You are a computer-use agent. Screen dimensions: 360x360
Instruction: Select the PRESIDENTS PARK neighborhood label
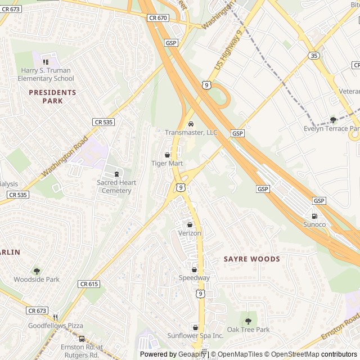(x=52, y=96)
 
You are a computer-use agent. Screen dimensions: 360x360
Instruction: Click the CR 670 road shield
(x=159, y=18)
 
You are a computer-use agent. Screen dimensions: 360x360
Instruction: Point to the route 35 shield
(x=314, y=55)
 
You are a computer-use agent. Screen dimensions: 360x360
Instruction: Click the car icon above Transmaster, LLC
(x=191, y=124)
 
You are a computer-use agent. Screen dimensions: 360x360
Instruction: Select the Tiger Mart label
(x=167, y=163)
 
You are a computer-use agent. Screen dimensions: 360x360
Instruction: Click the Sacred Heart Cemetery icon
(x=117, y=174)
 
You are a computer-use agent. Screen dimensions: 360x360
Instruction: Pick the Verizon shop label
(x=190, y=233)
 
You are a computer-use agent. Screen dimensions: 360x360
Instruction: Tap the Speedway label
(x=194, y=278)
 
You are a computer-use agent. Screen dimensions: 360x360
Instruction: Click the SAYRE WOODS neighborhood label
(x=251, y=259)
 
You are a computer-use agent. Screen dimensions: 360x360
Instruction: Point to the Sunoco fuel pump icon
(x=314, y=216)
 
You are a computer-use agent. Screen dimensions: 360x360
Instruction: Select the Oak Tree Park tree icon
(x=248, y=321)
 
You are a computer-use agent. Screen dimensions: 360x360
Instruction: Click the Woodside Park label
(x=37, y=279)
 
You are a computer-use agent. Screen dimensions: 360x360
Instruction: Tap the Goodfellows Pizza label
(x=55, y=326)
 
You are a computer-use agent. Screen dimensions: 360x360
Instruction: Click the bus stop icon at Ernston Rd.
(x=82, y=339)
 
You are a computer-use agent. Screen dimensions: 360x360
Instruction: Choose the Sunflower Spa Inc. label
(x=195, y=335)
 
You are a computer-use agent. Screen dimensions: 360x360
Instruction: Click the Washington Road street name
(x=65, y=154)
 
